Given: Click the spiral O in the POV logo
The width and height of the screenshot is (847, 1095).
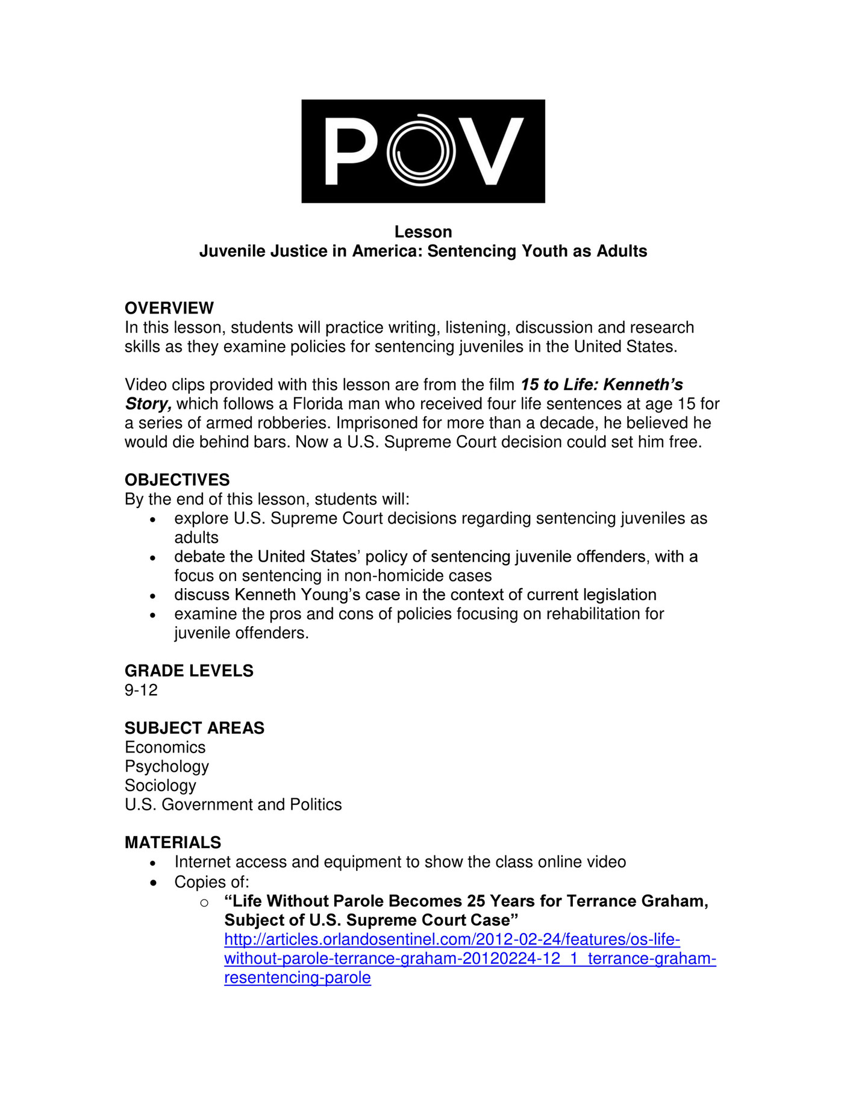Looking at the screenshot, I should click(420, 150).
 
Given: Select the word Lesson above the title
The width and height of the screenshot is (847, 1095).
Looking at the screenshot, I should click(423, 232).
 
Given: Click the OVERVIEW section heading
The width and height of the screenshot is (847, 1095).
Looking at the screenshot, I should click(169, 308).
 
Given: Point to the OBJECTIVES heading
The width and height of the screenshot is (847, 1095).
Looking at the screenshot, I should click(177, 480).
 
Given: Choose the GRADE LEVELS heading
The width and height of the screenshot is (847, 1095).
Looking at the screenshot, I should click(189, 671).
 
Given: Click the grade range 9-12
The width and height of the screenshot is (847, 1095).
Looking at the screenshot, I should click(141, 690).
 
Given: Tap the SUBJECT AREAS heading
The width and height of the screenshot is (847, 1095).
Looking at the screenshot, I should click(194, 728).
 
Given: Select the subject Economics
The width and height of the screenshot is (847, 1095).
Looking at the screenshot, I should click(165, 747).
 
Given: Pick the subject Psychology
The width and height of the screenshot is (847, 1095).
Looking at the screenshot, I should click(167, 766).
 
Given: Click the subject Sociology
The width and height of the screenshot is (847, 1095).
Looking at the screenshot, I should click(160, 786).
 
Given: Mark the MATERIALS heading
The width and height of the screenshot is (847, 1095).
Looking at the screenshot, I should click(173, 842).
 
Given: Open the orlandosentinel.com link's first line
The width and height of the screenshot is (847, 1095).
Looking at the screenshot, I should click(452, 940).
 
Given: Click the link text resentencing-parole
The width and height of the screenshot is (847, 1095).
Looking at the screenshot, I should click(297, 978).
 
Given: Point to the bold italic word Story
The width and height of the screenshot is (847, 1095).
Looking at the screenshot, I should click(148, 403).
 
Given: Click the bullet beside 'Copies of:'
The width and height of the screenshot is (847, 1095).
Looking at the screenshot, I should click(154, 883).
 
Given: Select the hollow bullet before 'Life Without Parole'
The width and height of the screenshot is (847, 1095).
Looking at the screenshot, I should click(204, 902).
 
